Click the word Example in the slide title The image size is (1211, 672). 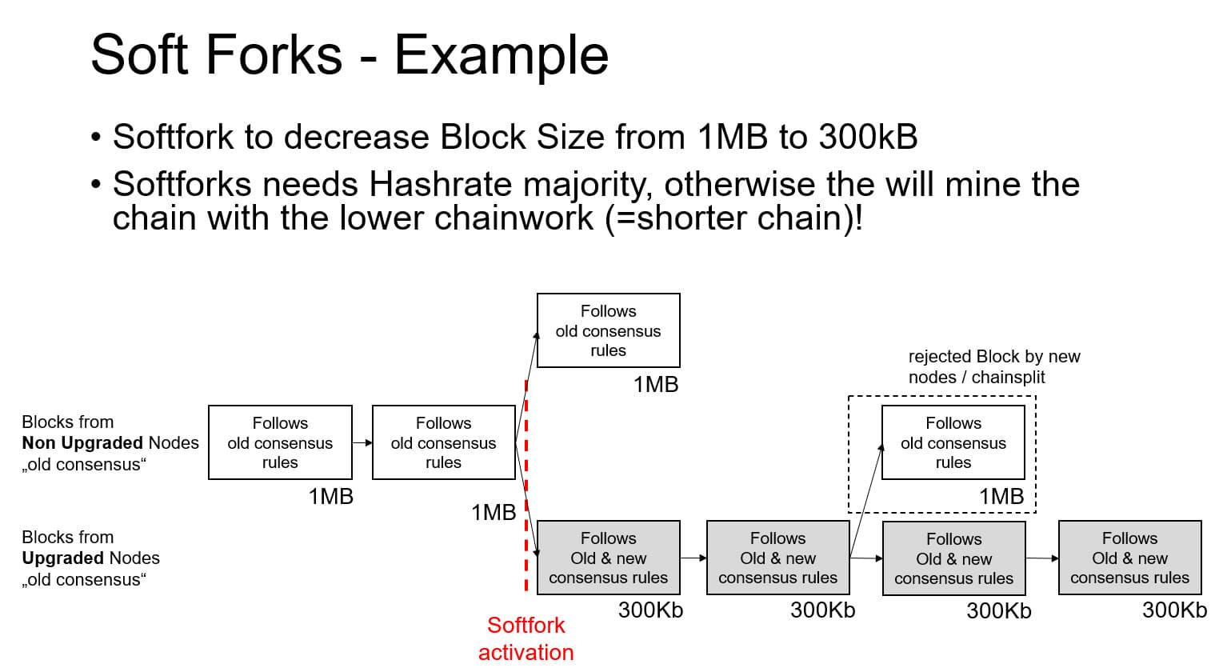point(501,55)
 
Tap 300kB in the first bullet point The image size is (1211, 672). point(867,137)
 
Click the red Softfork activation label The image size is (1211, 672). point(526,638)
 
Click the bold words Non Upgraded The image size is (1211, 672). point(82,443)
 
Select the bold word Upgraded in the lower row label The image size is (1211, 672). point(62,558)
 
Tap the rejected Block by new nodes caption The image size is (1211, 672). point(993,367)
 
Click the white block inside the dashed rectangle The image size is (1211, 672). point(953,442)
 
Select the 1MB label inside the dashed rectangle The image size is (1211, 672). point(1001,497)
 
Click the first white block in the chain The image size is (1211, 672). point(280,442)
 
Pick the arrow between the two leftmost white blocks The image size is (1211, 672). point(362,442)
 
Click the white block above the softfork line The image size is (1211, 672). point(608,330)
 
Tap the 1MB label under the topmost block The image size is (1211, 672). point(655,385)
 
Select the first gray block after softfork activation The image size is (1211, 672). point(608,558)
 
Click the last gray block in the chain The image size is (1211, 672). point(1129,558)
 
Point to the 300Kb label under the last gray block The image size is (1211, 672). point(1173,610)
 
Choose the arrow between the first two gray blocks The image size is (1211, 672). point(693,558)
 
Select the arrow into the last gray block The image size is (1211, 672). point(1042,558)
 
